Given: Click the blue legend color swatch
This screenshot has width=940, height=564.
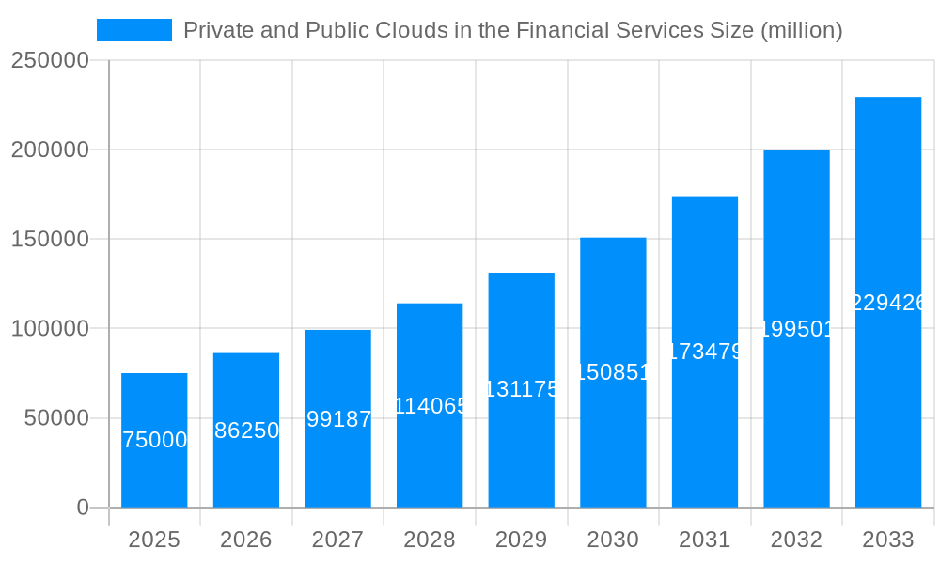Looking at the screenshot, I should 134,30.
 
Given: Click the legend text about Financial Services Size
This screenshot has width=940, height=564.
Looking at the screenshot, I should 512,30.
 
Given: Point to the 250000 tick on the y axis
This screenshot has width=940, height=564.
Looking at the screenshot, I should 50,60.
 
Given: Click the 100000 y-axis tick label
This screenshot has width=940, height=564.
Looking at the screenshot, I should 50,329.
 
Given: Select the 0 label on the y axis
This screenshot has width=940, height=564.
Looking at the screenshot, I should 83,508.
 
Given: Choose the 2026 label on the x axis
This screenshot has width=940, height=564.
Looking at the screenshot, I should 246,540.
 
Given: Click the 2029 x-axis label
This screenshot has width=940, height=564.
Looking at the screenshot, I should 522,540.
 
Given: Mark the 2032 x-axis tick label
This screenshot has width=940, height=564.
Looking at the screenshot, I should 796,540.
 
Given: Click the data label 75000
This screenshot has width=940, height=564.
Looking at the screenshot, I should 154,440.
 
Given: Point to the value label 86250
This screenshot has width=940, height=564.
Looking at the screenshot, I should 246,431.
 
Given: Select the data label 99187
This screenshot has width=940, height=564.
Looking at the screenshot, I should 338,419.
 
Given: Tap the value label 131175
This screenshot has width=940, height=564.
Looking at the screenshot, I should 522,389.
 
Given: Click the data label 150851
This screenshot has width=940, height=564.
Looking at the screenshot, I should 613,372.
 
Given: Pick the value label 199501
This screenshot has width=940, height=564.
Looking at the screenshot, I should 796,329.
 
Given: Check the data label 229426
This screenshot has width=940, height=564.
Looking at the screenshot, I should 888,303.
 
